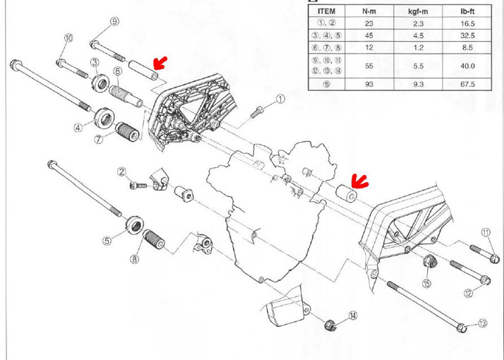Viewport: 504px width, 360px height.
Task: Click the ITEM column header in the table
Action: [x=328, y=11]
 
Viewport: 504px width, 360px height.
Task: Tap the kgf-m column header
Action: [x=419, y=11]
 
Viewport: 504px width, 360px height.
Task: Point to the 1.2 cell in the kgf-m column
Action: [x=419, y=48]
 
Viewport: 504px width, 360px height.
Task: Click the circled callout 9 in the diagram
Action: [x=114, y=22]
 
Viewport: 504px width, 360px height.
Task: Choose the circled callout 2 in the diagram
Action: [x=121, y=172]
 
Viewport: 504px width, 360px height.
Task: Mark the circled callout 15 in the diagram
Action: [x=426, y=283]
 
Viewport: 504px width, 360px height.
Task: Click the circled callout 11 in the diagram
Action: [x=486, y=232]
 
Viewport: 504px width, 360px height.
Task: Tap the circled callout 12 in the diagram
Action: [x=487, y=292]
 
